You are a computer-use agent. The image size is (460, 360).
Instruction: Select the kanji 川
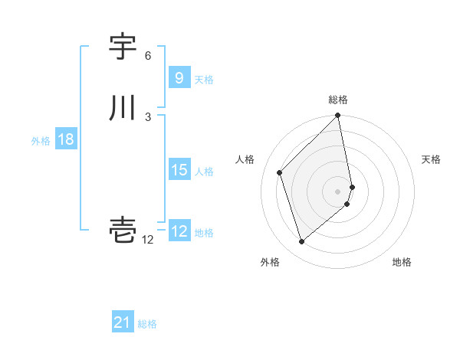tap(123, 108)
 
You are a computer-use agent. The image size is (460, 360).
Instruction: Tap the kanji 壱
tap(123, 229)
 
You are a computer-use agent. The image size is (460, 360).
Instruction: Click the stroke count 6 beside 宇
tap(148, 56)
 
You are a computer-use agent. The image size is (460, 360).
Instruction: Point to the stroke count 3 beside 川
tap(148, 116)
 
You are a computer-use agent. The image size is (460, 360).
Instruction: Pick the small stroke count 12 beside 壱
tap(147, 240)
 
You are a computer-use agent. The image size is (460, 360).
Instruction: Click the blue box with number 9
tap(179, 78)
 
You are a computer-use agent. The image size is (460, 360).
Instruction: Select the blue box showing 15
tap(179, 170)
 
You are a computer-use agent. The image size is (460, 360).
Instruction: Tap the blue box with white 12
tap(179, 231)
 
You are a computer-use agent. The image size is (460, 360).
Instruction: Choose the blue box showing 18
tap(65, 139)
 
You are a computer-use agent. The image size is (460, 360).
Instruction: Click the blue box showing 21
tap(123, 322)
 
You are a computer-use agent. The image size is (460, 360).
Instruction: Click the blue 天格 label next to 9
tap(204, 80)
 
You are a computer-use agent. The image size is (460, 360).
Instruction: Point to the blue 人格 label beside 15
tap(205, 172)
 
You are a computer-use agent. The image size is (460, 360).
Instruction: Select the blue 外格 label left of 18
tap(41, 141)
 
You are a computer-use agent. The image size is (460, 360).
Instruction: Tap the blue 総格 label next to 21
tap(147, 324)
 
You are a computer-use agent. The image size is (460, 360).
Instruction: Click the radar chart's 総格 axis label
tap(338, 100)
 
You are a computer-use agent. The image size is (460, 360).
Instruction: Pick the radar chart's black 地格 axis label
tap(402, 263)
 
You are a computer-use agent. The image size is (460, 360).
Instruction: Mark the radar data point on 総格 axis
tap(338, 116)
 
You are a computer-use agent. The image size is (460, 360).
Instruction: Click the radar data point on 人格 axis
tap(280, 172)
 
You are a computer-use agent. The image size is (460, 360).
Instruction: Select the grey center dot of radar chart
tap(338, 191)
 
